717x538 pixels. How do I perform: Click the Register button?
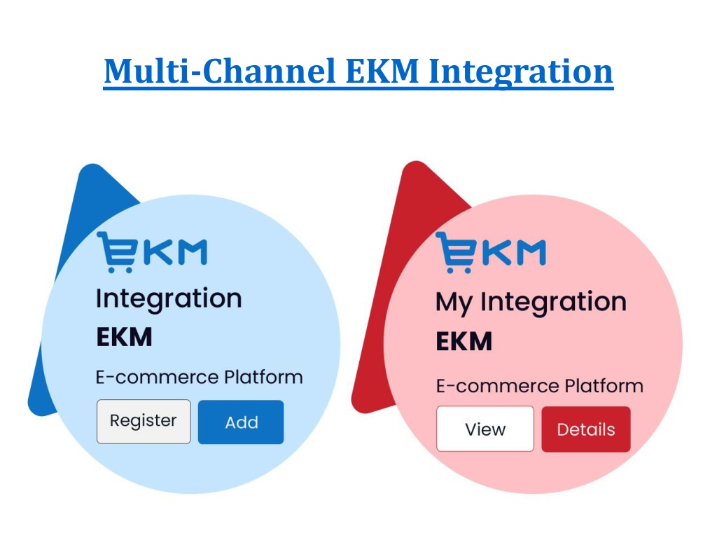144,421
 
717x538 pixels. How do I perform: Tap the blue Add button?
241,422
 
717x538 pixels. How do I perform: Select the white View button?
485,429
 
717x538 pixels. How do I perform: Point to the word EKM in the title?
382,71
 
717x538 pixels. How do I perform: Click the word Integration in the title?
521,72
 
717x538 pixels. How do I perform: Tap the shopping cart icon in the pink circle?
455,252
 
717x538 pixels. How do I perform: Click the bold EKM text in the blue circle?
124,337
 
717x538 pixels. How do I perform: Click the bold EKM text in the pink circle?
464,341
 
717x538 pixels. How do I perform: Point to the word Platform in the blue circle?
263,378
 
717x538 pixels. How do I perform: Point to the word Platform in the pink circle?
604,386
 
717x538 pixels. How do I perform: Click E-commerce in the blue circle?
158,378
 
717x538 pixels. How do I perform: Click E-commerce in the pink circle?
498,386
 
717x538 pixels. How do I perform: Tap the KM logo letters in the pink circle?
514,252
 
